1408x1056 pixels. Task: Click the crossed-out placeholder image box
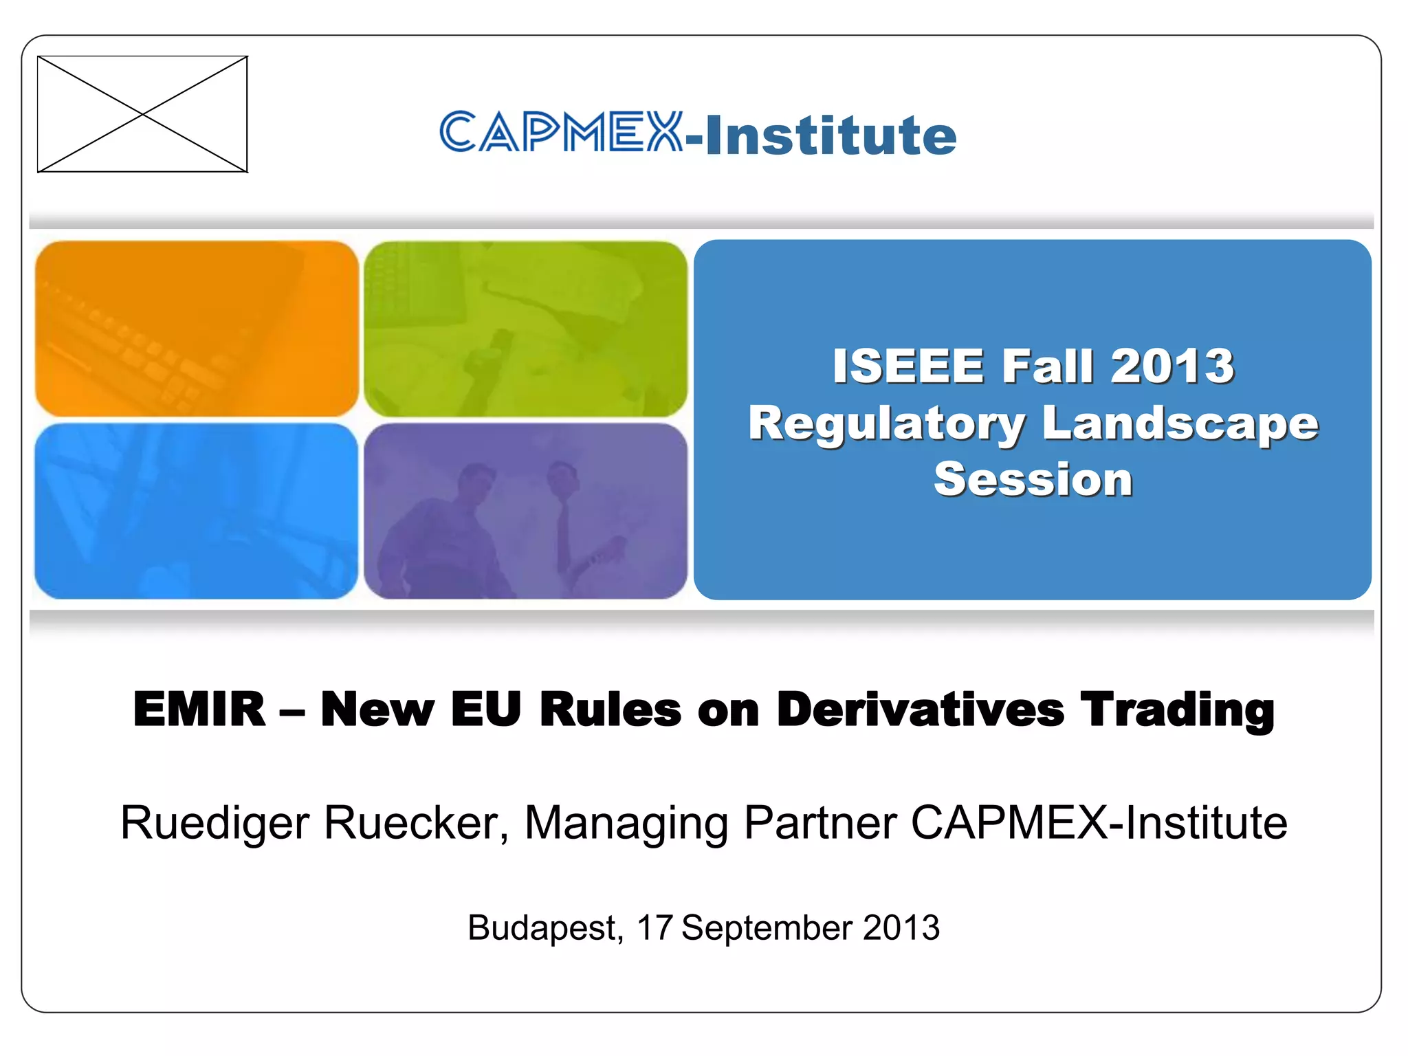pyautogui.click(x=142, y=114)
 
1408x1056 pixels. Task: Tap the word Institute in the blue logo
pyautogui.click(x=830, y=135)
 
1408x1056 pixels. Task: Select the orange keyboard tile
pyautogui.click(x=197, y=329)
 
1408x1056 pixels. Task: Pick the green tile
pyautogui.click(x=525, y=329)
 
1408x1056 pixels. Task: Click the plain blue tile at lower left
pyautogui.click(x=197, y=511)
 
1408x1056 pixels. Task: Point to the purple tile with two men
pyautogui.click(x=525, y=511)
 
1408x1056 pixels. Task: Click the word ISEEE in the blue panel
pyautogui.click(x=908, y=366)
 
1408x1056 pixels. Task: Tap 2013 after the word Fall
pyautogui.click(x=1172, y=366)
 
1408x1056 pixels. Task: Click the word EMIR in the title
pyautogui.click(x=199, y=709)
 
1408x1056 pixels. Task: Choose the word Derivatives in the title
pyautogui.click(x=921, y=709)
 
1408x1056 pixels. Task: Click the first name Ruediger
pyautogui.click(x=214, y=824)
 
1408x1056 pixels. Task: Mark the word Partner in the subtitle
pyautogui.click(x=820, y=822)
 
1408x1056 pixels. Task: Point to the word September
pyautogui.click(x=767, y=929)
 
